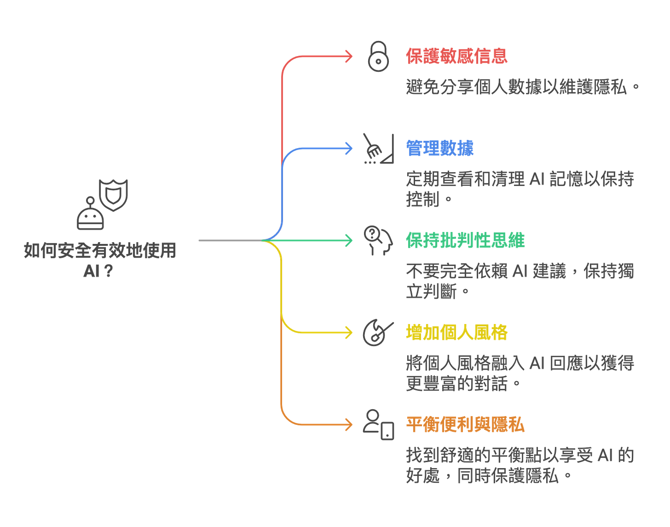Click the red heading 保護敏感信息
456,55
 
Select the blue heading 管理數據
439,147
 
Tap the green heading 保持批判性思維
465,240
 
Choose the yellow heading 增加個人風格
456,332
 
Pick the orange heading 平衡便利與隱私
465,424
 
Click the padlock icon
378,56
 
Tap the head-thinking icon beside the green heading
377,240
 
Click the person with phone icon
378,424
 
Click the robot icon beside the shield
91,214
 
